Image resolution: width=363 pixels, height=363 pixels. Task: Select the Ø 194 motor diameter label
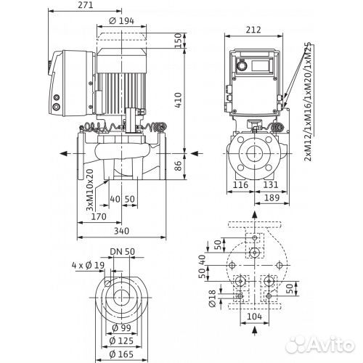point(122,21)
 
